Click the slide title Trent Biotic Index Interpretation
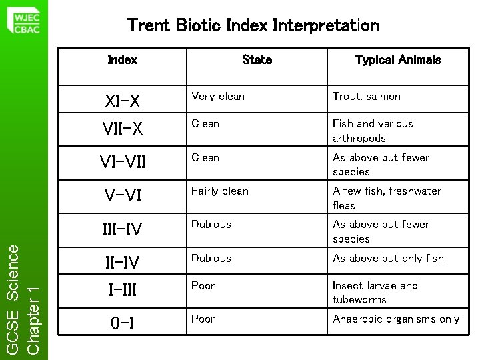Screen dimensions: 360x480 pyautogui.click(x=253, y=26)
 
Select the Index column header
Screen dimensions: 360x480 pyautogui.click(x=122, y=60)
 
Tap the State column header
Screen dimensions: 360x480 pyautogui.click(x=257, y=60)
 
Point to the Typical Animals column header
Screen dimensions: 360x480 pyautogui.click(x=397, y=60)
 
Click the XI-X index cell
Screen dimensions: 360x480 pyautogui.click(x=123, y=101)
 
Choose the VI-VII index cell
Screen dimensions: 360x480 pyautogui.click(x=122, y=162)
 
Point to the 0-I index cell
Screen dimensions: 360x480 pyautogui.click(x=122, y=325)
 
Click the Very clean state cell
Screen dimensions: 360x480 pyautogui.click(x=218, y=97)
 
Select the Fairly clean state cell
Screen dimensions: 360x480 pyautogui.click(x=220, y=191)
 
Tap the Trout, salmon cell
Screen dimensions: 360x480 pyautogui.click(x=367, y=97)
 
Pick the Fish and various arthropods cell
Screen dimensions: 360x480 pyautogui.click(x=373, y=131)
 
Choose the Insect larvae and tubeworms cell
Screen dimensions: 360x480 pyautogui.click(x=375, y=293)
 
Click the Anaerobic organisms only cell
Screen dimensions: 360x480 pyautogui.click(x=396, y=319)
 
